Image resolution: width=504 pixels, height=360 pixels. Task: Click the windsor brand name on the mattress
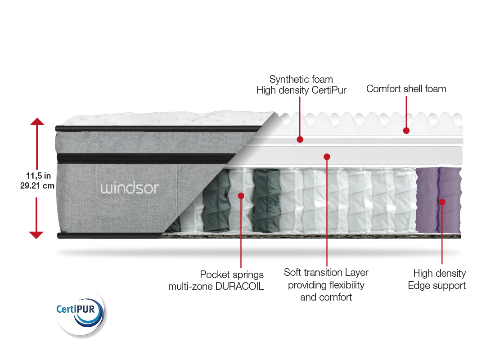tap(130, 188)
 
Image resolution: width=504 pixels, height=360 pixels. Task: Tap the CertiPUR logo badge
tap(81, 312)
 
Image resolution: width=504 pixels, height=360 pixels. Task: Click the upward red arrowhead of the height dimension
tap(36, 121)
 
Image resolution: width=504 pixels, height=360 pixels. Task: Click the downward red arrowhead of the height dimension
tap(36, 234)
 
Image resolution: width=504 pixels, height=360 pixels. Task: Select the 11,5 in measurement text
tap(38, 176)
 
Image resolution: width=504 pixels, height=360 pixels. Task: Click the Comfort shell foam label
tap(406, 89)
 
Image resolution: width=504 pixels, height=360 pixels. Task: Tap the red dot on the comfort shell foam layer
tap(406, 130)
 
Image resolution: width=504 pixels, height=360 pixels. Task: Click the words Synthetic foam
tap(301, 79)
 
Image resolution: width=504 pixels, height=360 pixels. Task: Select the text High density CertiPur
tap(301, 90)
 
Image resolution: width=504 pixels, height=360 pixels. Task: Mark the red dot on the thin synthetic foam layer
tap(300, 139)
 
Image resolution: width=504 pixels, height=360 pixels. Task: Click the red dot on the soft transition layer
tap(327, 157)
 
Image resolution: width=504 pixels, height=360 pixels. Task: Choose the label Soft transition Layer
tap(326, 273)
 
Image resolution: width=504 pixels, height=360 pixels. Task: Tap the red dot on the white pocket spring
tap(241, 196)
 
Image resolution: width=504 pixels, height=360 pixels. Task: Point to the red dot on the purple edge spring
tap(442, 202)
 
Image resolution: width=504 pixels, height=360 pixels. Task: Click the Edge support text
tap(436, 285)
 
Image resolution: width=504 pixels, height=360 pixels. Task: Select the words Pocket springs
tap(232, 274)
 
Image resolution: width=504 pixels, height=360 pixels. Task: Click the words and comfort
tap(326, 297)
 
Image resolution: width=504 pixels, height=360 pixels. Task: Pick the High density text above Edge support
tap(440, 273)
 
